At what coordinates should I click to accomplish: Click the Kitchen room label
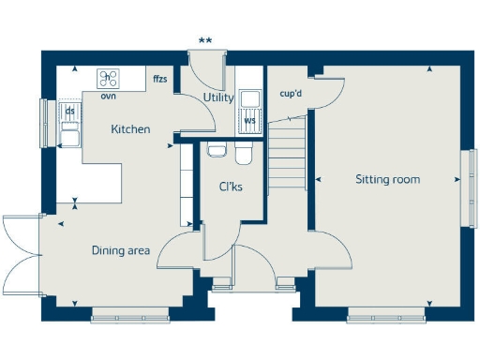point(129,129)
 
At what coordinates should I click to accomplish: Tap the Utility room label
point(218,97)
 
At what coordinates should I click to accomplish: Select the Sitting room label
point(387,179)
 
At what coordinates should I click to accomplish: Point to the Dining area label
point(120,250)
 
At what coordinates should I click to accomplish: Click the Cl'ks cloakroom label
point(231,187)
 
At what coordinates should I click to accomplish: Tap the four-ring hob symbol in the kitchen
point(109,79)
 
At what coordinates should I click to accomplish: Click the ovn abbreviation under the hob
point(108,94)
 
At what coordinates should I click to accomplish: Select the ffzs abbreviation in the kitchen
point(160,80)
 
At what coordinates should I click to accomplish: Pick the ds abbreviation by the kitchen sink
point(69,110)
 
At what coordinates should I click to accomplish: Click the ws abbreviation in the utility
point(249,120)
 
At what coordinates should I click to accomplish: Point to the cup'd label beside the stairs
point(291,94)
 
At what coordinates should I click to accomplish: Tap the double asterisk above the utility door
point(204,40)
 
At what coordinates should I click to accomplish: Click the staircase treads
point(289,155)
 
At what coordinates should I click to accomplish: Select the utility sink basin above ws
point(250,99)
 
